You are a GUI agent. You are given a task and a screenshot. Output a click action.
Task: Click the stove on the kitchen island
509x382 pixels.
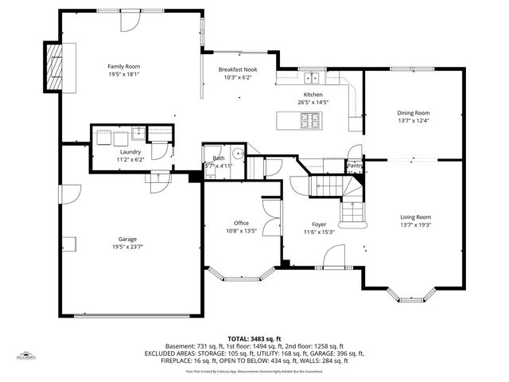[x=309, y=120]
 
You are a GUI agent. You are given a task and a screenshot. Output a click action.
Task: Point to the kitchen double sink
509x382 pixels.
[x=317, y=77]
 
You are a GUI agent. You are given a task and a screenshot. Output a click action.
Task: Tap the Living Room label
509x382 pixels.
[x=414, y=216]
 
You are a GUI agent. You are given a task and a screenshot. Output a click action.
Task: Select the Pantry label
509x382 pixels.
[x=354, y=166]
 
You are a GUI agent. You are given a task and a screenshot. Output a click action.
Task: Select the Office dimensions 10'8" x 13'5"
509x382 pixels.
[x=241, y=231]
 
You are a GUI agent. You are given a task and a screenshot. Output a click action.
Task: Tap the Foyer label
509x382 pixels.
[x=319, y=224]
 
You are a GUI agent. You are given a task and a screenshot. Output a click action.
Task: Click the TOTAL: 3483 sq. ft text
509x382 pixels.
[x=254, y=338]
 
